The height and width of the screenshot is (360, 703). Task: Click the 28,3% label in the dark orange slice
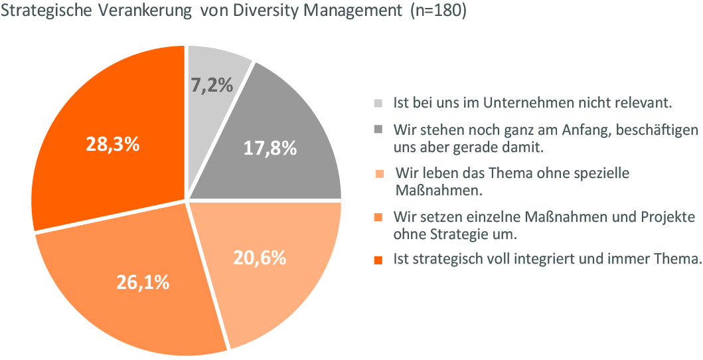pos(112,144)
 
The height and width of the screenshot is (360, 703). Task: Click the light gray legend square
pos(378,104)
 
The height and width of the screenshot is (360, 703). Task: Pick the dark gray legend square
pos(378,128)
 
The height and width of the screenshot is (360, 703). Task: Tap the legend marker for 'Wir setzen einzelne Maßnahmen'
pos(378,217)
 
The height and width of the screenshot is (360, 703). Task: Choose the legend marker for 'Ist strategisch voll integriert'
pos(378,260)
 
